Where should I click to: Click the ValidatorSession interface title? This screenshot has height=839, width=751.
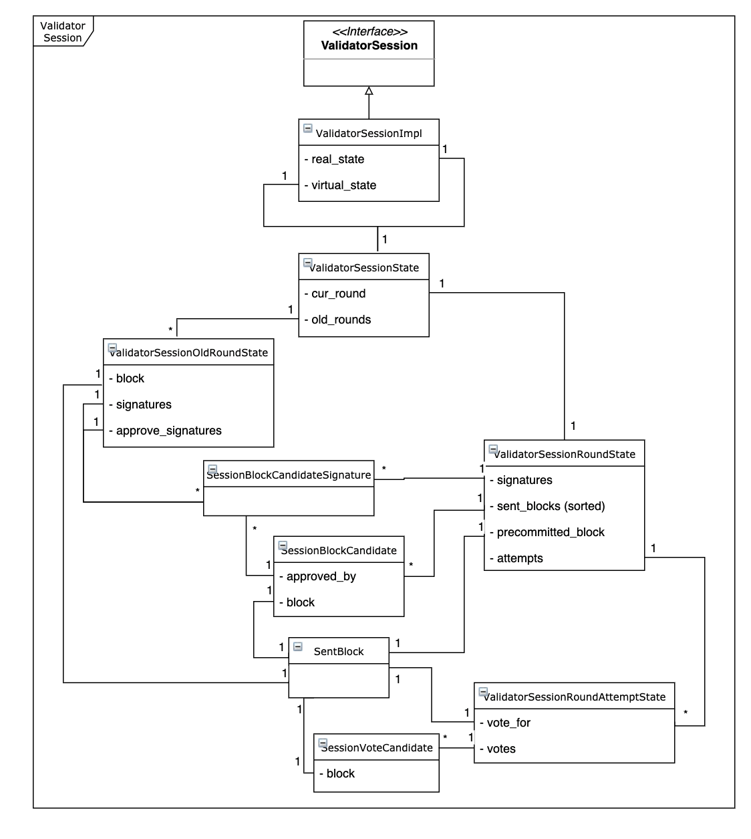click(x=369, y=45)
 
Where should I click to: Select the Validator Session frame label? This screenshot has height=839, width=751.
click(x=63, y=31)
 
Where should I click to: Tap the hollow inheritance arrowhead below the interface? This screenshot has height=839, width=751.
click(x=369, y=91)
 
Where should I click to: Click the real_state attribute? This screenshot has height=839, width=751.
click(x=337, y=159)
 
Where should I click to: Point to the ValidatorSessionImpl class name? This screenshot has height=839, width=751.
click(x=369, y=133)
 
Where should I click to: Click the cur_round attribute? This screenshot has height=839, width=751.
click(x=338, y=293)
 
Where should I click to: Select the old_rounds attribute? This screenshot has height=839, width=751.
click(x=341, y=320)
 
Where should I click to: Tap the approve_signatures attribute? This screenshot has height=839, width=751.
click(x=168, y=431)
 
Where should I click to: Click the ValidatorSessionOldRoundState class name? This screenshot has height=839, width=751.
click(x=189, y=352)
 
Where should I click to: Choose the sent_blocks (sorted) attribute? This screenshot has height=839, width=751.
click(x=551, y=506)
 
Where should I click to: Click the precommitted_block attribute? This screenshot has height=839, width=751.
click(x=551, y=532)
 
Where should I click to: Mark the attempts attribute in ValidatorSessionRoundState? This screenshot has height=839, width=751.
click(x=520, y=558)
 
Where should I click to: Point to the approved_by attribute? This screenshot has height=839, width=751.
click(x=321, y=576)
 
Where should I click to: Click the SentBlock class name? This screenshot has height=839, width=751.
click(x=339, y=651)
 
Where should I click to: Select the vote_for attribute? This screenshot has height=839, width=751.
click(x=508, y=723)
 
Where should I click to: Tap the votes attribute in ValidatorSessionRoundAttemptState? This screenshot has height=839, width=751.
click(x=501, y=749)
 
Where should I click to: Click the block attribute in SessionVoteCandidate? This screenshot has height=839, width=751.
click(x=340, y=773)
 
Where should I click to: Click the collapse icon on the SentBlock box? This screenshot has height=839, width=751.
click(x=298, y=646)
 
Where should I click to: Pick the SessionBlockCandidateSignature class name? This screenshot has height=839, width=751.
click(x=289, y=475)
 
